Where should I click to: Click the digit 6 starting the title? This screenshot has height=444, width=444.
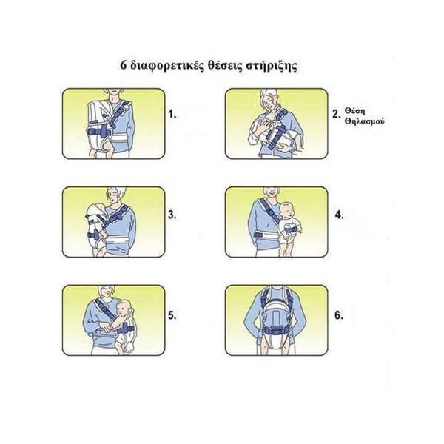(123, 65)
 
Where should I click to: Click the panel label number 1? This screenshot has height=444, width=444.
(172, 114)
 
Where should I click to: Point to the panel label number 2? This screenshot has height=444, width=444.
(337, 115)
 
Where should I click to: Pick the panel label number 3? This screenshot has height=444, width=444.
(172, 215)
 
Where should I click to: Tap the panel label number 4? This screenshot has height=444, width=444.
(339, 215)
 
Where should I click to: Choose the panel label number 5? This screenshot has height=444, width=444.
(172, 315)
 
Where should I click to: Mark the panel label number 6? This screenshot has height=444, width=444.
(339, 315)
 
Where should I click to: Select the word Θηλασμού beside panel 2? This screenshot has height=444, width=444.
(365, 121)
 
